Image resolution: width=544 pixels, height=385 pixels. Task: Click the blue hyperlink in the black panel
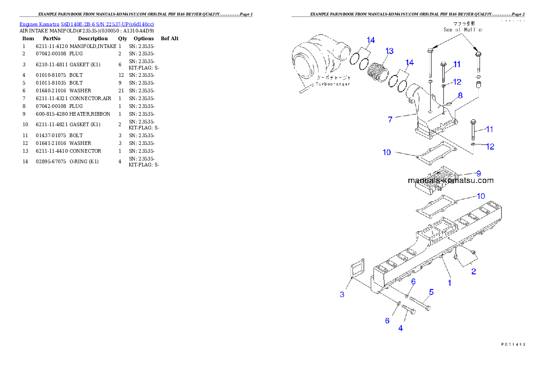point(86,24)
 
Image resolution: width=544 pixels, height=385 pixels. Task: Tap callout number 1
point(449,283)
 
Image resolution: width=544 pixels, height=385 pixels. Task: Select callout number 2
point(474,272)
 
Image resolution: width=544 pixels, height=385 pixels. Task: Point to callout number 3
point(342,294)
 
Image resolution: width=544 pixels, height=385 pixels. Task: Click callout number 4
point(400,328)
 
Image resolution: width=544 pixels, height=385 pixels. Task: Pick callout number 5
point(431,292)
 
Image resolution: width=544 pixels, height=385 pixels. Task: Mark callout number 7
point(390,119)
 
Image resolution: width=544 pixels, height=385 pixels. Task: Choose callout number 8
point(460,96)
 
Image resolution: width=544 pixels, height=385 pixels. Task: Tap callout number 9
point(478,173)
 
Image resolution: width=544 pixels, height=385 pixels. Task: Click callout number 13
point(389,51)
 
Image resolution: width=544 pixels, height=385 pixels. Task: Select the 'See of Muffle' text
point(462,30)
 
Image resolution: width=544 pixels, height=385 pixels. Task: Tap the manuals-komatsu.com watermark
point(450,180)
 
